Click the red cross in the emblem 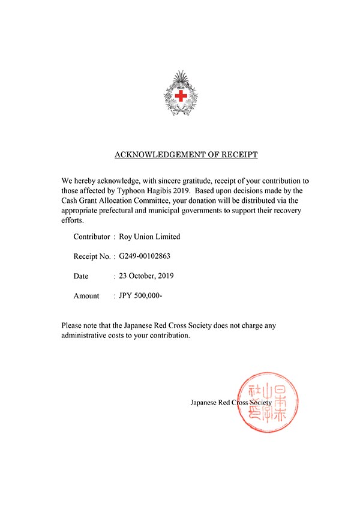coord(181,95)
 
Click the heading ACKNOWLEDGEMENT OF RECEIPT coord(186,155)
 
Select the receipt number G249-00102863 coord(145,256)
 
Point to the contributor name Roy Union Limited coord(150,236)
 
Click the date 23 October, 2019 coord(146,276)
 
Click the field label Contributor coord(91,236)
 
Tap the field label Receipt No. coord(92,256)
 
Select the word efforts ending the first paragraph coord(72,221)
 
